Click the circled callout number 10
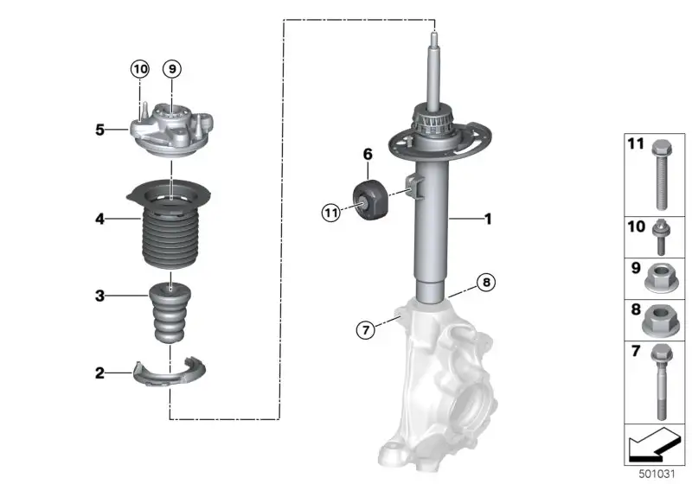tap(139, 69)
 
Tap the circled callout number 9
tap(172, 69)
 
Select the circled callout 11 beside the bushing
tap(331, 213)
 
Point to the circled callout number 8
tap(486, 282)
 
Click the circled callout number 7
tap(365, 329)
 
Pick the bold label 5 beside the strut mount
tap(100, 130)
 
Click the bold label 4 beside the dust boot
tap(100, 218)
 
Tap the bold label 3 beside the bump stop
tap(100, 296)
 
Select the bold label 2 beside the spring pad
tap(100, 373)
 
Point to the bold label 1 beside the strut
tap(488, 219)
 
